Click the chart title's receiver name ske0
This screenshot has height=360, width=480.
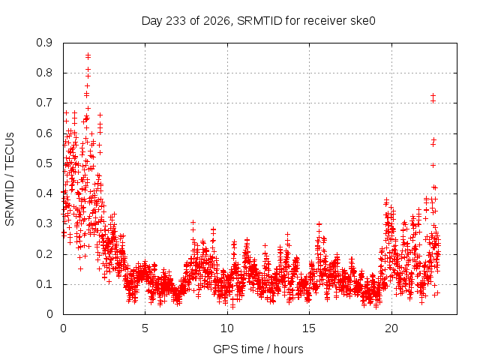[362, 21]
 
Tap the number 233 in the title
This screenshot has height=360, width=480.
[175, 21]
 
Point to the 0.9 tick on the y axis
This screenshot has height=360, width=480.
[44, 43]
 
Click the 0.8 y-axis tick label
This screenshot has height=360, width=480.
[44, 73]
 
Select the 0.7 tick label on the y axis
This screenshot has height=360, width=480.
[44, 103]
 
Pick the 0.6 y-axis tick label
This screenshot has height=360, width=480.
[44, 133]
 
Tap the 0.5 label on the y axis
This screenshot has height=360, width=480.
[44, 163]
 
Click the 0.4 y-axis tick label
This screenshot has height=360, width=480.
[44, 193]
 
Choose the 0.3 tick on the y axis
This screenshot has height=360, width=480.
[44, 223]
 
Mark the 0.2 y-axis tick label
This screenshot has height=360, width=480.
[44, 254]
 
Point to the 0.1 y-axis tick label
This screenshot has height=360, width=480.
[44, 284]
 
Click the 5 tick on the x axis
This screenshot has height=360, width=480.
[145, 328]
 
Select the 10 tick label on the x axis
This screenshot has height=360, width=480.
[226, 328]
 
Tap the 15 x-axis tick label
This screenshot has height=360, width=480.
[309, 328]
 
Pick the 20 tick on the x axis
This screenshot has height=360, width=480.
[391, 328]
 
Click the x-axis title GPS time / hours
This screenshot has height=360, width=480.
[258, 349]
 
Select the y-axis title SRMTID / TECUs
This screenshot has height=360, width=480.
[10, 179]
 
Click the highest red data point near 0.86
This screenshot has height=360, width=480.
[88, 55]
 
